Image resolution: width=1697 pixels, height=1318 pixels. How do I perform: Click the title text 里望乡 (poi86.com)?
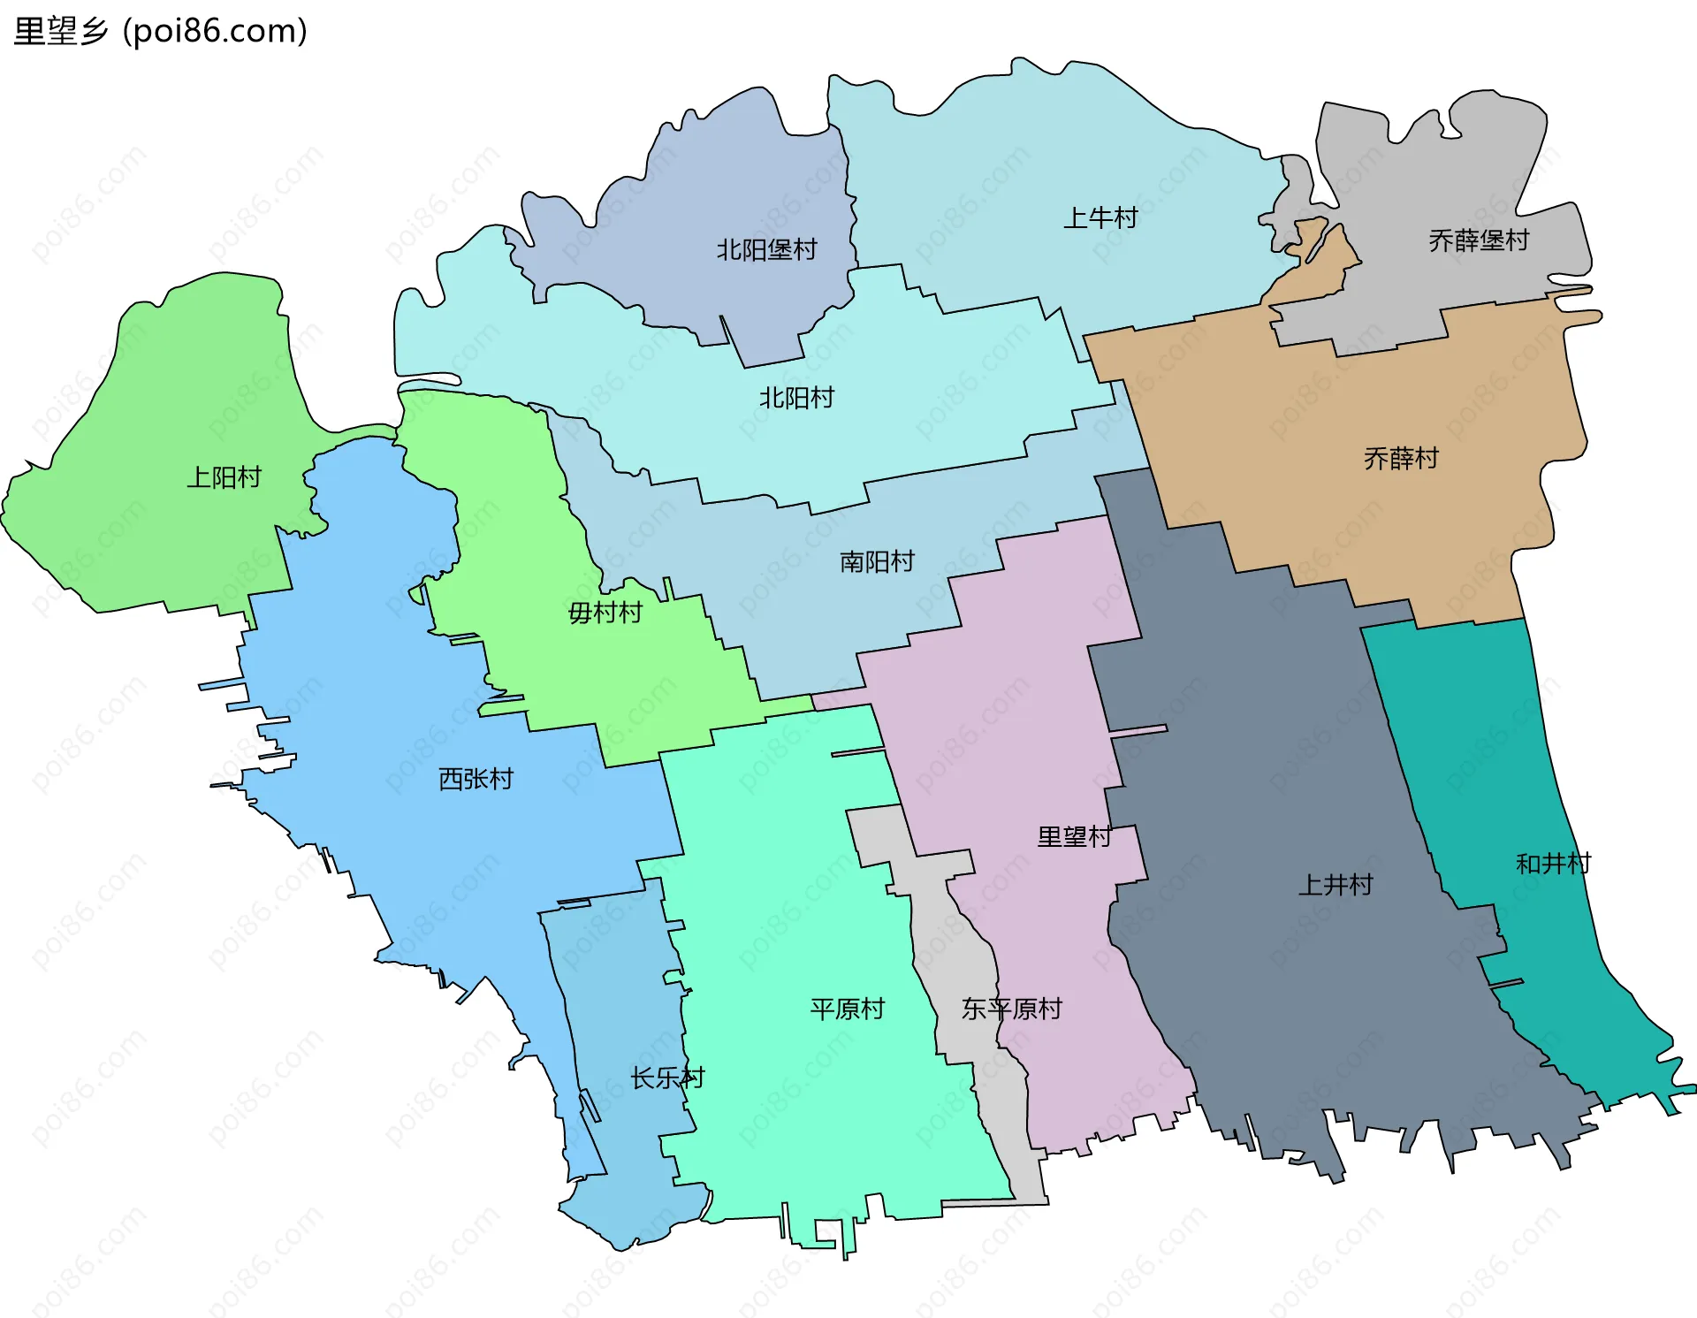pos(160,32)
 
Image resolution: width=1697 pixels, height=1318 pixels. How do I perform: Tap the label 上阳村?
pos(224,478)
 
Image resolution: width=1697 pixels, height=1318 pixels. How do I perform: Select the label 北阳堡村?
pos(766,250)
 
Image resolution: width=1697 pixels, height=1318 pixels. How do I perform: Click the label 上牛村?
pos(1100,218)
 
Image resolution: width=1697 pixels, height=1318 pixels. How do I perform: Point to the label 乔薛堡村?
pos(1478,240)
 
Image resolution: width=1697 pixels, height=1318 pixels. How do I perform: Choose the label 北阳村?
pos(796,399)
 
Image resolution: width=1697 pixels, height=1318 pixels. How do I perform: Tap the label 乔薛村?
pos(1401,459)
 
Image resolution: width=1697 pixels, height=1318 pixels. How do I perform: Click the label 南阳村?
pos(877,562)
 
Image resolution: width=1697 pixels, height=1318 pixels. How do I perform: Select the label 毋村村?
pos(605,613)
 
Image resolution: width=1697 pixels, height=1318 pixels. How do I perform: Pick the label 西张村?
pos(476,780)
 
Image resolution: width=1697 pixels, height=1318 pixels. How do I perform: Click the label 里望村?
pos(1074,837)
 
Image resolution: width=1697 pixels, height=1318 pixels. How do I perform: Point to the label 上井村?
pos(1335,885)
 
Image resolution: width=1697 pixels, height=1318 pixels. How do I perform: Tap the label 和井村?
pos(1553,864)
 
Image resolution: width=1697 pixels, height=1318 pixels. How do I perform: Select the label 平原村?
pos(847,1009)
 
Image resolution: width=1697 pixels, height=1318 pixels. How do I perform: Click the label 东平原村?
pos(1011,1009)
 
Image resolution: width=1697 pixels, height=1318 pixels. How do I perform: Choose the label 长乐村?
pos(667,1078)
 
